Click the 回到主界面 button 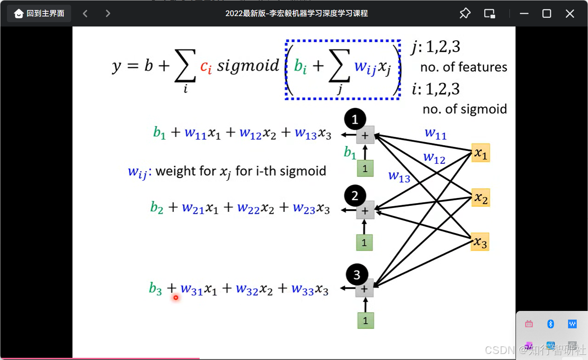(x=39, y=13)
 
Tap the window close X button (x=570, y=13)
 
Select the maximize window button (x=547, y=13)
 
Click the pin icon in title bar (x=465, y=13)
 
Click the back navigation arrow (x=85, y=13)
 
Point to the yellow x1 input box (x=480, y=153)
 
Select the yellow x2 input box (x=480, y=198)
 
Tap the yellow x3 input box (x=480, y=242)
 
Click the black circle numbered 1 (x=355, y=119)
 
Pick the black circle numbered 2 (x=355, y=196)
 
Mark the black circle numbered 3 (x=357, y=275)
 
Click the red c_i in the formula (x=206, y=67)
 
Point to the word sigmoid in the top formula (x=248, y=66)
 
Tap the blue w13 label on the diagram (x=399, y=176)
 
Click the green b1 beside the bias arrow (x=350, y=152)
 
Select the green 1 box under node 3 (x=365, y=320)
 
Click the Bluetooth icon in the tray (x=551, y=324)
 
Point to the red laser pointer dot (x=176, y=297)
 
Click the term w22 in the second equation (x=248, y=208)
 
